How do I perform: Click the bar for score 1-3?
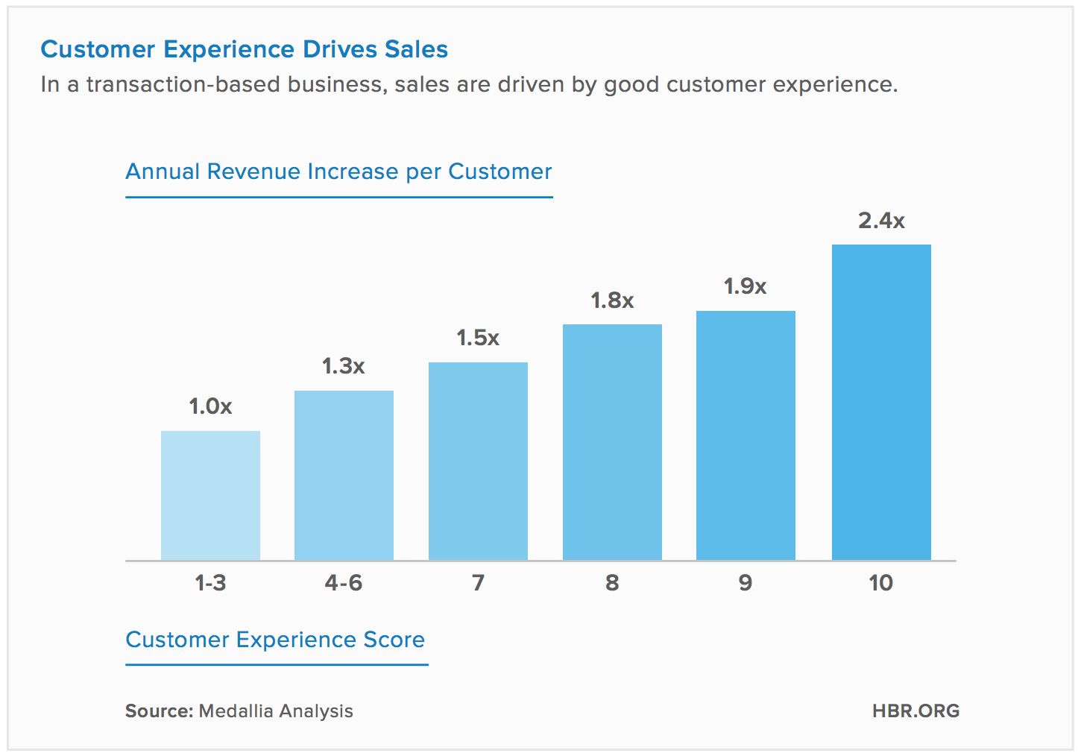coord(210,495)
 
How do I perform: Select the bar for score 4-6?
coord(344,475)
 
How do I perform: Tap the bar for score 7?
coord(478,461)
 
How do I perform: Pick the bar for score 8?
coord(612,442)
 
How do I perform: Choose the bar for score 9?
coord(746,435)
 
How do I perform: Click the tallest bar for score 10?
coord(881,402)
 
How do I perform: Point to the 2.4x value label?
coord(881,221)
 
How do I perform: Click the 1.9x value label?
coord(746,286)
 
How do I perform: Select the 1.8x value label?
coord(612,300)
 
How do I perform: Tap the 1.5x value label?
coord(478,338)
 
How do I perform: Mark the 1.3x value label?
coord(344,366)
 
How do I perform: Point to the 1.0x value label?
coord(210,406)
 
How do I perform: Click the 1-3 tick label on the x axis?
coord(210,582)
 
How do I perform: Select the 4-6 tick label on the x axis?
coord(344,582)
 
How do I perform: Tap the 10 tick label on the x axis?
coord(881,582)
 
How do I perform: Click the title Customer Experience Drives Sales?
coord(244,49)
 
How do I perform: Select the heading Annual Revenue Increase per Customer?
coord(338,171)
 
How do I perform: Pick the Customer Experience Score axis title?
coord(275,640)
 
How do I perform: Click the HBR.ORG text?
coord(915,711)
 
